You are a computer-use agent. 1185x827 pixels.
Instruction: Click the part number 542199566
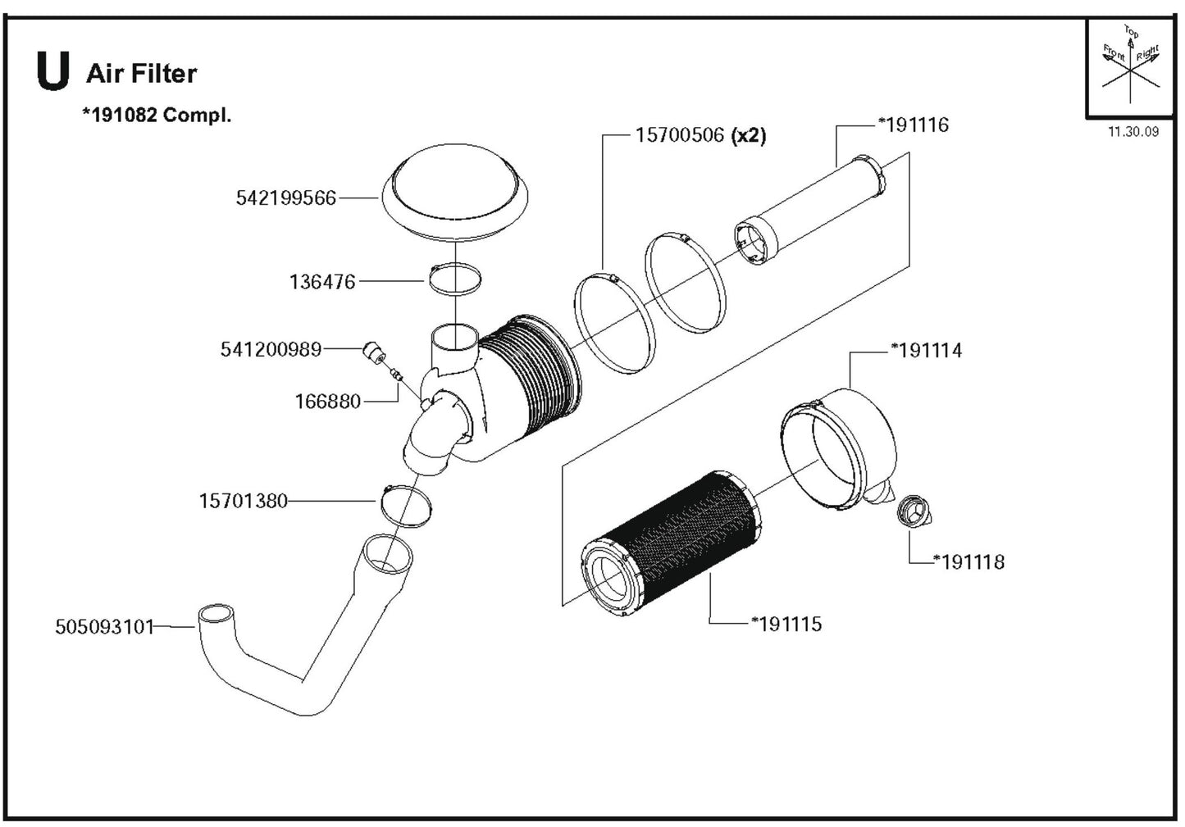285,198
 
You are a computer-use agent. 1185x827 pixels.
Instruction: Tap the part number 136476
322,282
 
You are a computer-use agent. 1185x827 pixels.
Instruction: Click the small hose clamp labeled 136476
453,279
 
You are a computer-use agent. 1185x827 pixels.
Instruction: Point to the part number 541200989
271,349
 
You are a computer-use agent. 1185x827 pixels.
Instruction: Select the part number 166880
327,402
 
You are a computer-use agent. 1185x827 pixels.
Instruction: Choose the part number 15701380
243,500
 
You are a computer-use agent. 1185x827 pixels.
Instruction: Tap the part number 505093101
104,627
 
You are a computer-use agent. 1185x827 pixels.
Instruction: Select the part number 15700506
679,135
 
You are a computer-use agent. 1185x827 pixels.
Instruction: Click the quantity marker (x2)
748,135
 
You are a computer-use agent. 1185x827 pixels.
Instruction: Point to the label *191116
913,125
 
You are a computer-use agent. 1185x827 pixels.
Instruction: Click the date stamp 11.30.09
1133,132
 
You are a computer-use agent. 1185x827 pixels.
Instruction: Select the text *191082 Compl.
156,115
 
